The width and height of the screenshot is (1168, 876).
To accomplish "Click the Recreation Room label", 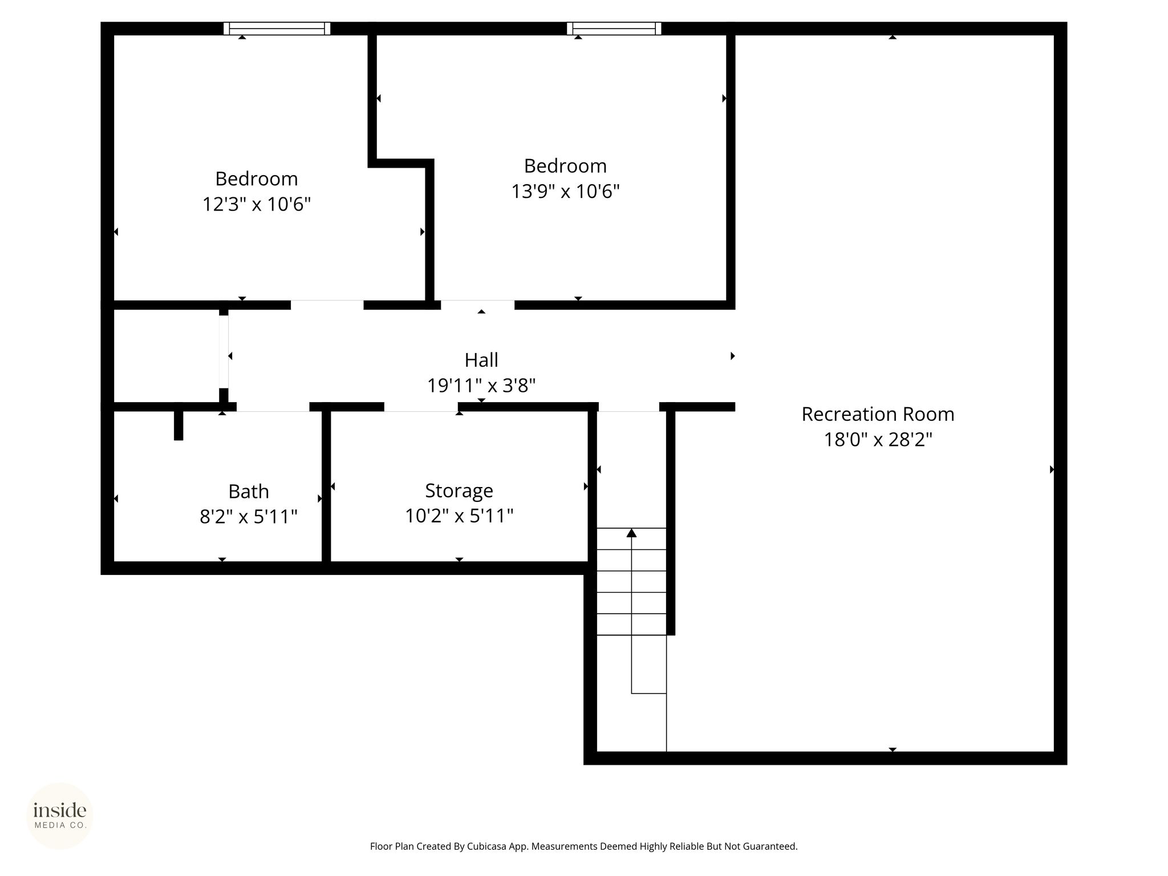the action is pyautogui.click(x=878, y=414).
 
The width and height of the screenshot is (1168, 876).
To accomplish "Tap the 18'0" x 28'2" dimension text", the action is pyautogui.click(x=878, y=440).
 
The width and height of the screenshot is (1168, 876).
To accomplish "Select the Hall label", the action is pyautogui.click(x=481, y=360).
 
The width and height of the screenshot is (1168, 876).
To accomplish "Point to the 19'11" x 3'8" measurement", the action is pyautogui.click(x=481, y=386).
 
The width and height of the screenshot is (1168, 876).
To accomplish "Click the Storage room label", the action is pyautogui.click(x=459, y=490).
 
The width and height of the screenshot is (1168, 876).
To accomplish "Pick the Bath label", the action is pyautogui.click(x=249, y=491).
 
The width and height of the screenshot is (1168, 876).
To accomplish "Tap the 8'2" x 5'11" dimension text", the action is pyautogui.click(x=249, y=517).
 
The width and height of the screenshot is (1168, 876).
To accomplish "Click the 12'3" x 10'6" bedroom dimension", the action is pyautogui.click(x=257, y=204).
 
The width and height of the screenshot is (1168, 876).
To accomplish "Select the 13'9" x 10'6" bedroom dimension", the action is pyautogui.click(x=565, y=191).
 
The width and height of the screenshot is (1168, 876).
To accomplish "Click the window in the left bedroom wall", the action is pyautogui.click(x=277, y=29).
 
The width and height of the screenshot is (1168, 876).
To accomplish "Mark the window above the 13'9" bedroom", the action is pyautogui.click(x=614, y=29).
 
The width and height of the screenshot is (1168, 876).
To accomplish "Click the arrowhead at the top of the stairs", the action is pyautogui.click(x=631, y=533).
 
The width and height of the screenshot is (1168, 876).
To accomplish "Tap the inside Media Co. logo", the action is pyautogui.click(x=59, y=816).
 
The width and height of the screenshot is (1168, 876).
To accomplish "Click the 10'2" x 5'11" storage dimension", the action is pyautogui.click(x=459, y=516).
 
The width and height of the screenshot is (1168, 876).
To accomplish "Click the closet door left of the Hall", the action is pyautogui.click(x=224, y=352).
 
